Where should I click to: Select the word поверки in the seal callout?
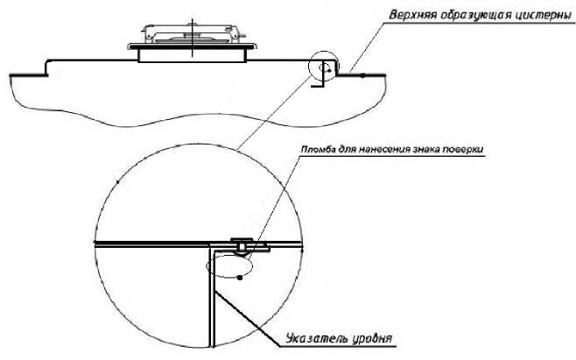pos(466,150)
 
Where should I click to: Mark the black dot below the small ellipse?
pos(240,279)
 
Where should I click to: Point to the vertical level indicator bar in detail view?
pos(210,298)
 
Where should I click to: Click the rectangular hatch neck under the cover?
pos(192,56)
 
